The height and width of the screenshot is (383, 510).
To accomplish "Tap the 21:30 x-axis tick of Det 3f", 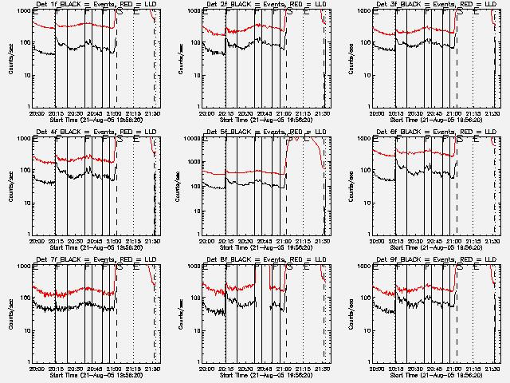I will point(493,113).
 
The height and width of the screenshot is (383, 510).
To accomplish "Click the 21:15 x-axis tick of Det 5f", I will point(304,241).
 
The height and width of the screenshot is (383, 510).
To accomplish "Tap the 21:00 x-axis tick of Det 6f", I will point(455,241).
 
